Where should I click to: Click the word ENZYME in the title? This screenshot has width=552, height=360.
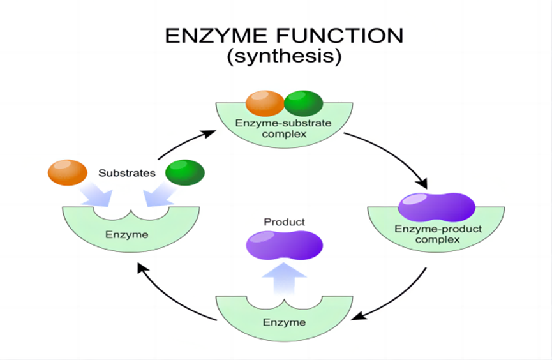[216, 36]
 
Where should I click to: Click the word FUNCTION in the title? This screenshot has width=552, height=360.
[339, 36]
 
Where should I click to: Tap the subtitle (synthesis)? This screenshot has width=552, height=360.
[284, 56]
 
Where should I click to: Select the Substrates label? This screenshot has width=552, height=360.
[127, 173]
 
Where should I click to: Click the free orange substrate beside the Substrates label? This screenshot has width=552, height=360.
[68, 172]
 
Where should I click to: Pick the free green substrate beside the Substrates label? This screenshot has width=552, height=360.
[185, 172]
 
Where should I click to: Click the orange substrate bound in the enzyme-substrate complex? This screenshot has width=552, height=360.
[265, 103]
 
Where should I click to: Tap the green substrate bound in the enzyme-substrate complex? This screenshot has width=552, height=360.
[304, 103]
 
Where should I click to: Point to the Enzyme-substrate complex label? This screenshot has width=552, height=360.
[284, 128]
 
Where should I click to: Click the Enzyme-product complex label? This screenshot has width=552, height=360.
[438, 234]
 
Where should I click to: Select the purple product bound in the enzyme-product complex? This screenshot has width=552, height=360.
[436, 207]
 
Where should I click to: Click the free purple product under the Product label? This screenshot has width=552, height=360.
[284, 245]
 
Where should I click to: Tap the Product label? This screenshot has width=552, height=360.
[284, 222]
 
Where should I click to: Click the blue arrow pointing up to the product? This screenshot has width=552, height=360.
[284, 278]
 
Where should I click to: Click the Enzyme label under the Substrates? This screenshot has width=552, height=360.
[127, 235]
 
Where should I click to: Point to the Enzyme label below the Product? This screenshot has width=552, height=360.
[284, 322]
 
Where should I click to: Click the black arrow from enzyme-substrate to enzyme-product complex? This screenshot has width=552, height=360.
[394, 154]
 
